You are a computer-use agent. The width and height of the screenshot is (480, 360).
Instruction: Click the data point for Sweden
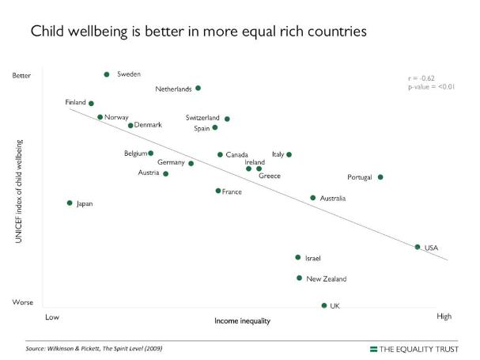pyautogui.click(x=107, y=74)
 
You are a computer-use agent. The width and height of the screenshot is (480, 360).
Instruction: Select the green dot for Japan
pyautogui.click(x=70, y=203)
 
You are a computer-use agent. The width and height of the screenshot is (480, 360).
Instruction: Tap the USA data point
pyautogui.click(x=418, y=248)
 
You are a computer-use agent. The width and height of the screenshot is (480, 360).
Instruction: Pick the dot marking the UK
pyautogui.click(x=324, y=305)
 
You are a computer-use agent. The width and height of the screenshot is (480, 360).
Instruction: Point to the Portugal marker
pyautogui.click(x=380, y=177)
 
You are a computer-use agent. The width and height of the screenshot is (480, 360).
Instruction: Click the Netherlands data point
pyautogui.click(x=198, y=88)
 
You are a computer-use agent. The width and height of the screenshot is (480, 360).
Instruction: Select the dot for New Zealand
pyautogui.click(x=299, y=279)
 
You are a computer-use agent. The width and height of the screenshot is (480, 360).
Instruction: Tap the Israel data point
pyautogui.click(x=298, y=257)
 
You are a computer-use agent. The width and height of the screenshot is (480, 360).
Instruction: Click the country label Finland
pyautogui.click(x=75, y=103)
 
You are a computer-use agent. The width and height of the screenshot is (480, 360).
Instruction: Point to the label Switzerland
pyautogui.click(x=202, y=118)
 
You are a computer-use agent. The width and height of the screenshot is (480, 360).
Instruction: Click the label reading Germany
pyautogui.click(x=171, y=162)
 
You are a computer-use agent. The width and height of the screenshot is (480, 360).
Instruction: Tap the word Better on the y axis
pyautogui.click(x=22, y=76)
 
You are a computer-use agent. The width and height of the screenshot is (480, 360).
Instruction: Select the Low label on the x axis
pyautogui.click(x=52, y=316)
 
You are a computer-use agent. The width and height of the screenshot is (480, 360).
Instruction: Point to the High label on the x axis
pyautogui.click(x=444, y=316)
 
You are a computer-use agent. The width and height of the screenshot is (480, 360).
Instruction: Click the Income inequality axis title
pyautogui.click(x=243, y=321)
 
